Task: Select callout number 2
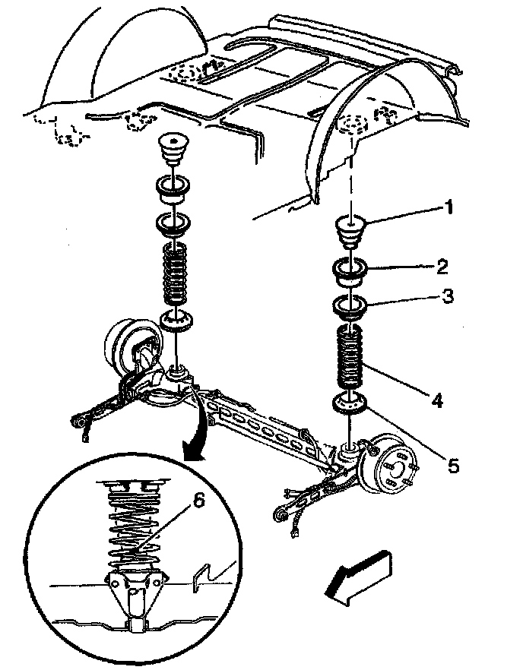point(442,267)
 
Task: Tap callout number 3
point(447,295)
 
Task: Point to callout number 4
point(436,400)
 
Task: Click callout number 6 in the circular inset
point(199,501)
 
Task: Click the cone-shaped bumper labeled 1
point(350,232)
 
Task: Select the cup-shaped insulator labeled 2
point(350,273)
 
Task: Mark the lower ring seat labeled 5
point(350,405)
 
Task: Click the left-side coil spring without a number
point(176,274)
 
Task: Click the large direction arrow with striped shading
point(358,577)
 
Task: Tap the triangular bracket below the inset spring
point(135,589)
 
